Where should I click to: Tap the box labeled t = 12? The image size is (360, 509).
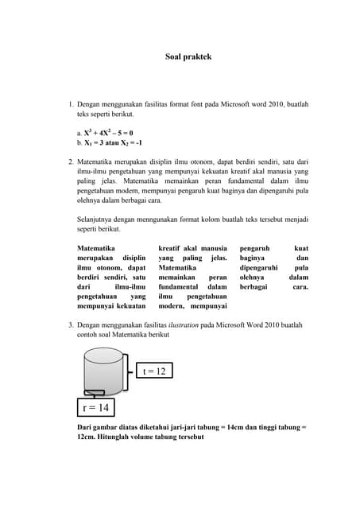pos(154,371)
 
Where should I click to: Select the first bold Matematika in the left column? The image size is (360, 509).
pos(99,248)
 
